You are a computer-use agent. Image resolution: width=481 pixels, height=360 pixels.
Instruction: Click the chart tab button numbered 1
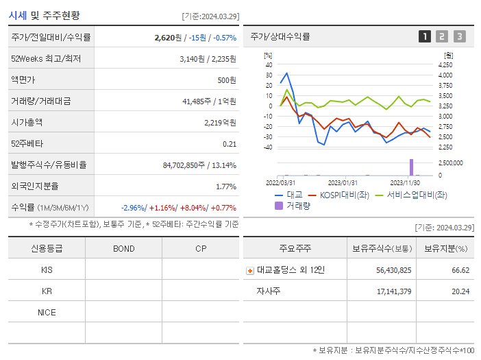tap(425, 36)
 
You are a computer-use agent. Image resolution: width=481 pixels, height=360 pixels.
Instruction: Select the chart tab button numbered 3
tap(459, 36)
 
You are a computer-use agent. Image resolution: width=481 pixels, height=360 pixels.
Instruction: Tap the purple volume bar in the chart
tap(412, 167)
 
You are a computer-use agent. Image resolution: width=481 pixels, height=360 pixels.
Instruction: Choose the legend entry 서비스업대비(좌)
tap(411, 195)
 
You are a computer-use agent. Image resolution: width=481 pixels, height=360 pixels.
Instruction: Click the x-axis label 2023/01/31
tap(343, 183)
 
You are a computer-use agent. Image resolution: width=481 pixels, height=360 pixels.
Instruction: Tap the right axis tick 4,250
tap(445, 64)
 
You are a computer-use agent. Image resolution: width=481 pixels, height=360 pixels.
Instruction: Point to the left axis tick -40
tap(268, 147)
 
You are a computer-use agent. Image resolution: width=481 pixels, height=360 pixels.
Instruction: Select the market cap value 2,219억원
tap(220, 122)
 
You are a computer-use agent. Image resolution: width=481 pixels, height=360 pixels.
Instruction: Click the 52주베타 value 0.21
tap(230, 143)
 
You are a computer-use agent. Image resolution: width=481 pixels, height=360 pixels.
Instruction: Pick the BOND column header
tap(123, 248)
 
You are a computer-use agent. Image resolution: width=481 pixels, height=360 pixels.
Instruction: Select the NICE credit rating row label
tap(47, 312)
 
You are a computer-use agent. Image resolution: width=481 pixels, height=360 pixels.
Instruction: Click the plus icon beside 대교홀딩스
tap(250, 270)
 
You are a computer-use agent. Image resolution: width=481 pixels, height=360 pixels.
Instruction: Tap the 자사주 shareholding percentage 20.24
tap(460, 291)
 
